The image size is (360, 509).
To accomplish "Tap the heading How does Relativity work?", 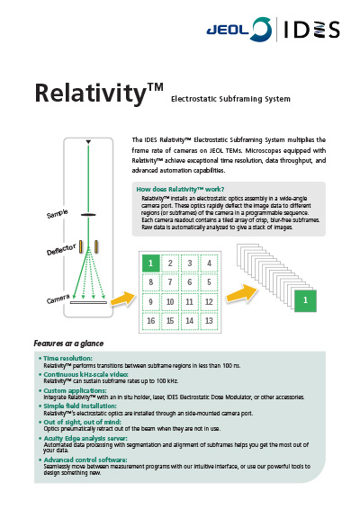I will [179, 189].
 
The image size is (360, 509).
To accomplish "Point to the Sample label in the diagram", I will [58, 215].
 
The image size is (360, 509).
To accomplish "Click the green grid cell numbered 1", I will [151, 263].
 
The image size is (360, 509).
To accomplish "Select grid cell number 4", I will [210, 263].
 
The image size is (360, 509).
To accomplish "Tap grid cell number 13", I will [210, 321].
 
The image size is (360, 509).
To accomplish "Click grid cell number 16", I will [151, 321].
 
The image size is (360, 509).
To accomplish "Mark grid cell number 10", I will [171, 302].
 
